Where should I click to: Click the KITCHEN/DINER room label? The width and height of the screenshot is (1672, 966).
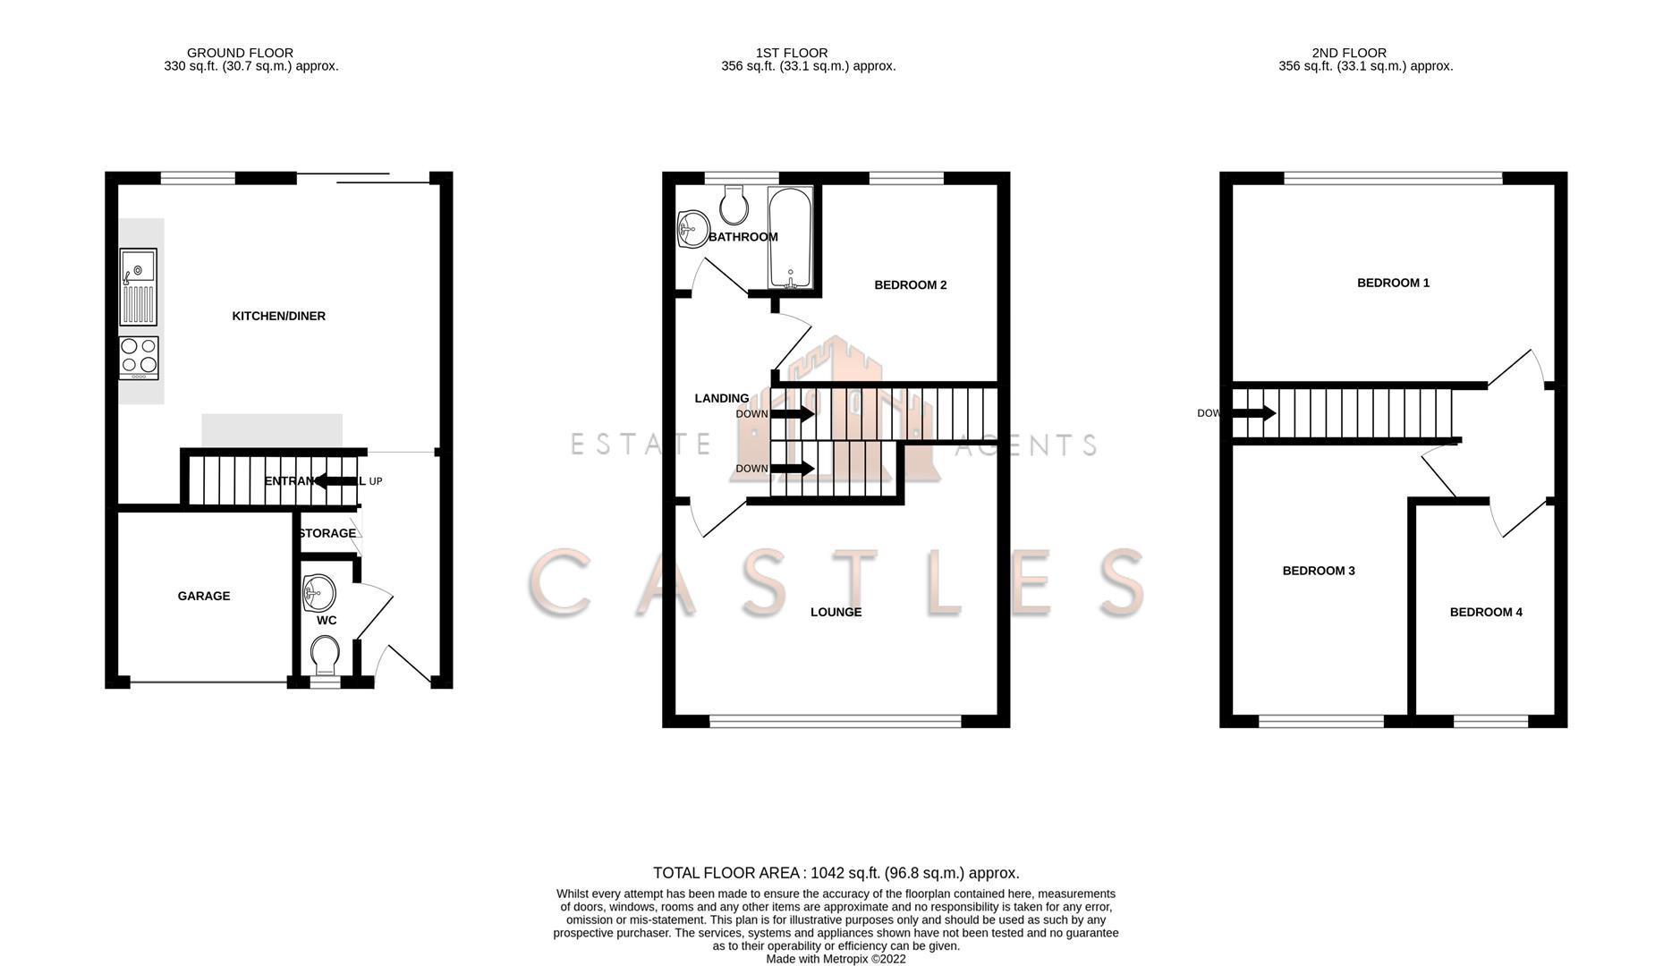[278, 316]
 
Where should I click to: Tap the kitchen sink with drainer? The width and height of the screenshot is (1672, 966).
[138, 286]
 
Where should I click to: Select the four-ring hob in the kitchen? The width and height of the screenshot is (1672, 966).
[139, 357]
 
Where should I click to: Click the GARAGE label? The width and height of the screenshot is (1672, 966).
[204, 596]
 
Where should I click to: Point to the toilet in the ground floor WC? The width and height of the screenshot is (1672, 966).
[324, 656]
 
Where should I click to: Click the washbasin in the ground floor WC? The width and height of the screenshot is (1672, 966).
[318, 591]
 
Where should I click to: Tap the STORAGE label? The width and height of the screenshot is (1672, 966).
[327, 533]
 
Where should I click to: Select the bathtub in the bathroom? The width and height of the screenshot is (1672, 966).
[790, 237]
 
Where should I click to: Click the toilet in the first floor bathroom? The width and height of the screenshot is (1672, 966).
[734, 205]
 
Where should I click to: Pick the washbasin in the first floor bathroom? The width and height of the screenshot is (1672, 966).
[692, 228]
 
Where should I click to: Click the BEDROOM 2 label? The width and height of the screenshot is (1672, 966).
[910, 285]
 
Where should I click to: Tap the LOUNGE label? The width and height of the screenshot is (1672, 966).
[836, 612]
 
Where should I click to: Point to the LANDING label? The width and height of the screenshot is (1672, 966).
[722, 398]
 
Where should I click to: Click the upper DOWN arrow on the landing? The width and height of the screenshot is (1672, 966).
[792, 414]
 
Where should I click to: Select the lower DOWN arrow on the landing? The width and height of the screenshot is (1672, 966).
[792, 468]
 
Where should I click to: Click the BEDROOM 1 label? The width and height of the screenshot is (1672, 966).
[1393, 283]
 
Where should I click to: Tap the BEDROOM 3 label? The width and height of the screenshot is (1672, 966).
[1319, 571]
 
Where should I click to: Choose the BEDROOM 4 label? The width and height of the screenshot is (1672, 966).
[1486, 612]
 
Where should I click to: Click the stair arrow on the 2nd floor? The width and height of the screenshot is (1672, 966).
[1254, 413]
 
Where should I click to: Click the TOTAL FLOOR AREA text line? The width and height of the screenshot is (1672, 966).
[836, 873]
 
